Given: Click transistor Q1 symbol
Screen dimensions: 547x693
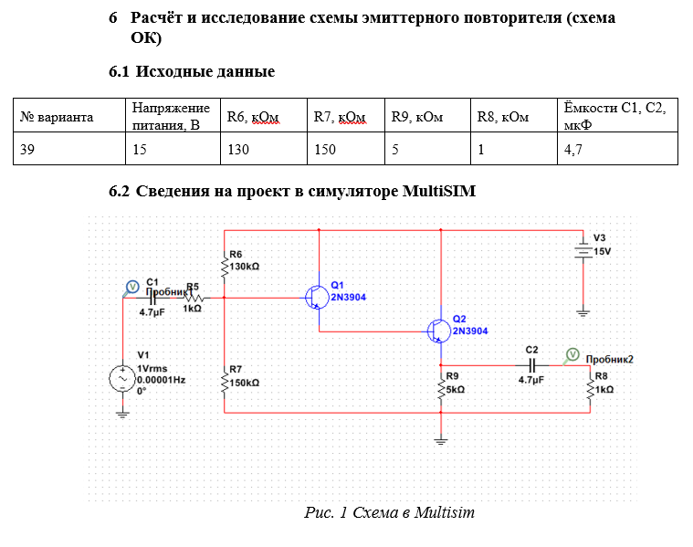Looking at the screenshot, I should pyautogui.click(x=318, y=297).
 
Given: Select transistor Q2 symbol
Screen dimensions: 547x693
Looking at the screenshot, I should pyautogui.click(x=439, y=330).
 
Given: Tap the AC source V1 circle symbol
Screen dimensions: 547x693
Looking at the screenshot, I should pyautogui.click(x=122, y=377).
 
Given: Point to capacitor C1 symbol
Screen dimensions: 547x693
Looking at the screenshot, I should pyautogui.click(x=152, y=297).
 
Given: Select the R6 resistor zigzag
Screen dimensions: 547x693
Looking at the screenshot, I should pyautogui.click(x=224, y=267).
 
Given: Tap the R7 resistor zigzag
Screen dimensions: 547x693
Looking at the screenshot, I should pyautogui.click(x=224, y=383).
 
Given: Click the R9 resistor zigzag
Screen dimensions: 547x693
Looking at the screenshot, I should pyautogui.click(x=441, y=388).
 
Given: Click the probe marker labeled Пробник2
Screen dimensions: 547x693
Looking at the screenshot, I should pyautogui.click(x=572, y=353).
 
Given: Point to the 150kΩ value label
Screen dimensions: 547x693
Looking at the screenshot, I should pyautogui.click(x=245, y=384).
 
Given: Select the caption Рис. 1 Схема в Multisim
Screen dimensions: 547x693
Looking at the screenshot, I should pyautogui.click(x=389, y=512).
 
